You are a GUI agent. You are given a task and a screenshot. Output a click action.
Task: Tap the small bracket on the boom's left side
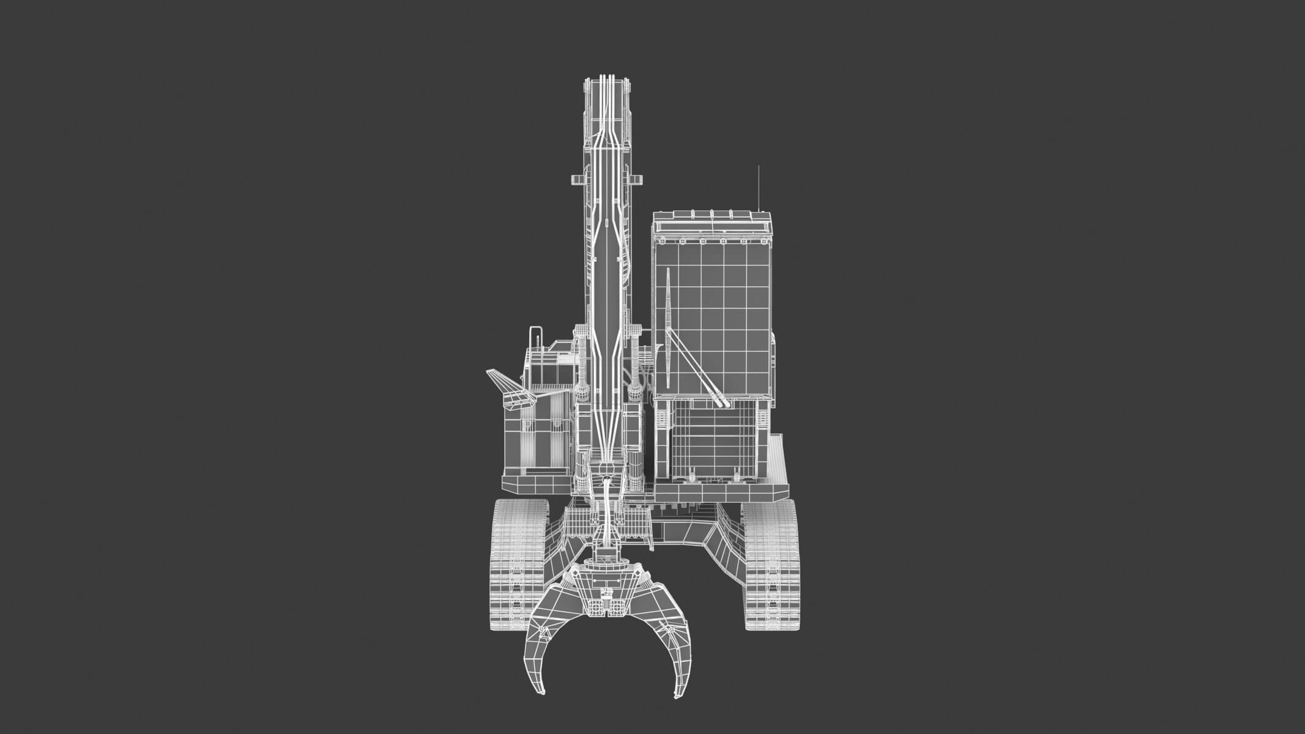point(577,179)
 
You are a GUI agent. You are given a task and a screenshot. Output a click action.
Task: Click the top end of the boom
point(606,86)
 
